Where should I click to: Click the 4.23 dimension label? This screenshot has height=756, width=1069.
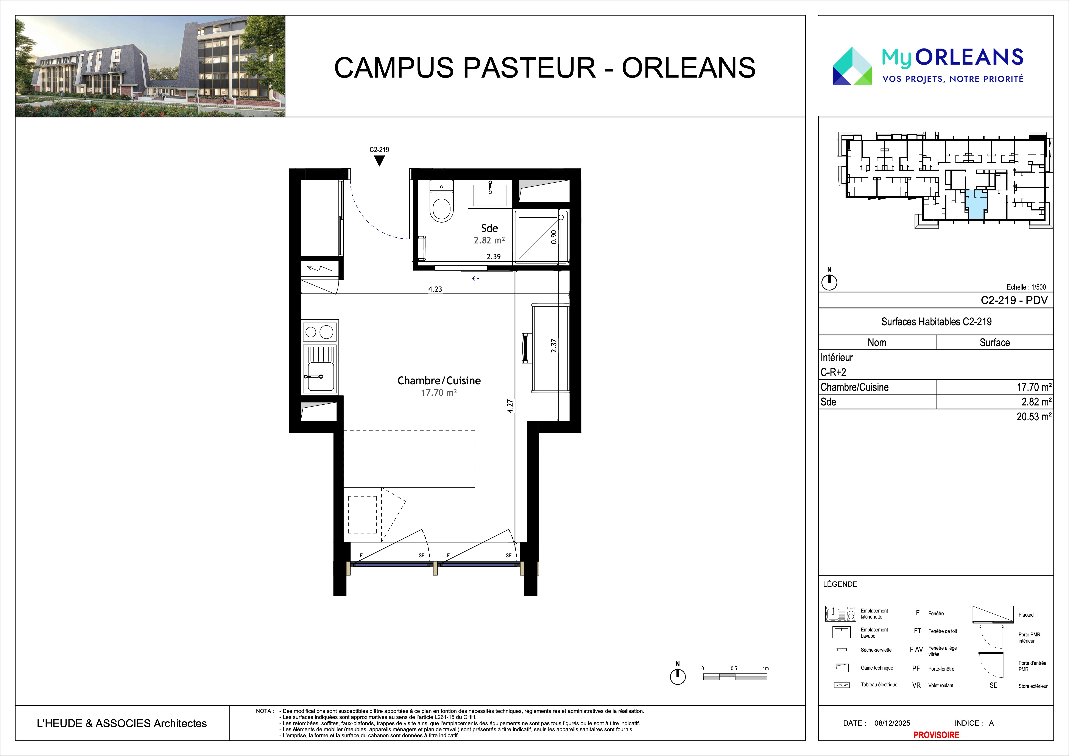[x=435, y=289]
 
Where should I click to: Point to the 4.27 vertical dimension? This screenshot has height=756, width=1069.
[x=510, y=406]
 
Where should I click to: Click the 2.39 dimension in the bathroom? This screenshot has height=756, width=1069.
[x=494, y=257]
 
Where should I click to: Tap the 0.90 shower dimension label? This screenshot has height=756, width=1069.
[x=554, y=237]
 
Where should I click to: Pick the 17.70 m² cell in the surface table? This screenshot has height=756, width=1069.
[x=1034, y=387]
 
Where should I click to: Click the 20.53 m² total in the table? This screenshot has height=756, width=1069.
[x=1034, y=417]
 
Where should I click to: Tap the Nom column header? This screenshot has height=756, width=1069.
[x=877, y=343]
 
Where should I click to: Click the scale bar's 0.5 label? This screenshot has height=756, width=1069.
[x=734, y=669]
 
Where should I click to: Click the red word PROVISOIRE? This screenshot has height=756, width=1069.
[x=936, y=735]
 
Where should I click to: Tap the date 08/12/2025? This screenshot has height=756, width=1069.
[x=892, y=723]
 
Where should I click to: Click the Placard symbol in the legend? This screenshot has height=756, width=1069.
[x=993, y=614]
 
